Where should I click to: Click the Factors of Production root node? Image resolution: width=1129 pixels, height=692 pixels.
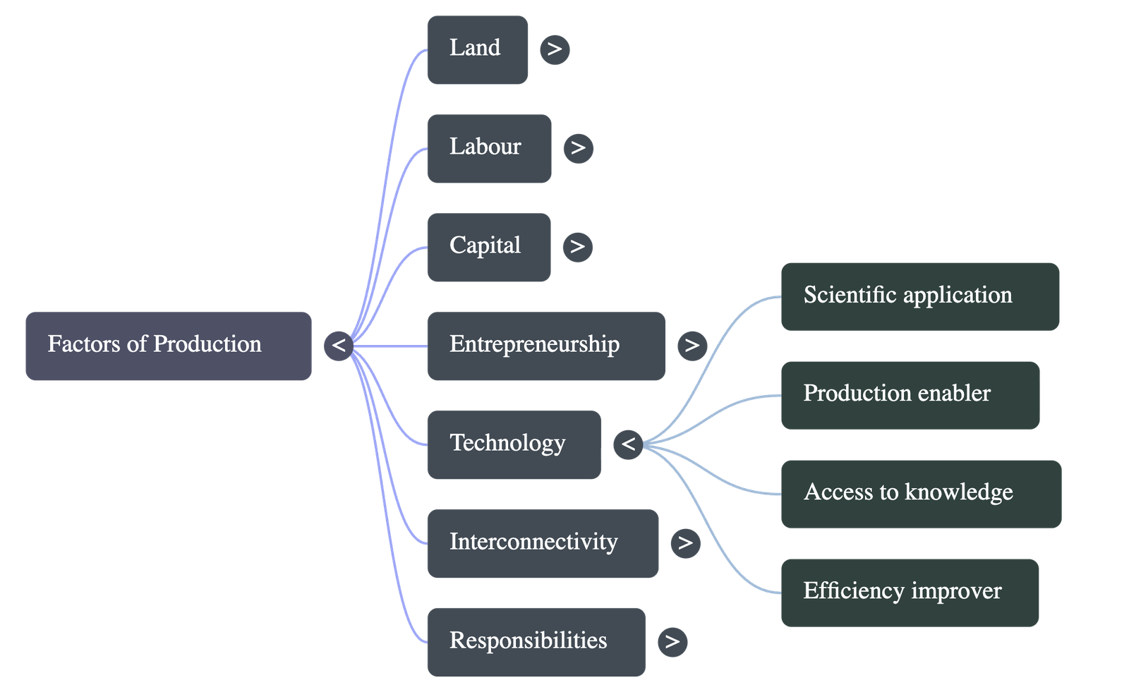168,346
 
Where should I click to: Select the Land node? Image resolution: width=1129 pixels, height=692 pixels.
477,50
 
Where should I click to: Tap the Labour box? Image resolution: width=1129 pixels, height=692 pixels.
489,149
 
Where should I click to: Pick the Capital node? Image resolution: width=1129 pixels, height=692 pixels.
488,248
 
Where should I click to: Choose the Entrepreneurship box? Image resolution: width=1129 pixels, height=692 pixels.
545,346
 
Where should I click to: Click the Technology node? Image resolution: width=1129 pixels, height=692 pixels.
514,445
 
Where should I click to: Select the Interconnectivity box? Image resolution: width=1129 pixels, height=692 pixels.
543,544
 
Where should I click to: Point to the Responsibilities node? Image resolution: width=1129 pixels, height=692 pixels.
536,643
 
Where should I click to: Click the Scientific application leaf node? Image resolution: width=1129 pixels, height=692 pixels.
920,296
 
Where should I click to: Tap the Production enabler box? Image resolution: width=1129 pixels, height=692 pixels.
910,395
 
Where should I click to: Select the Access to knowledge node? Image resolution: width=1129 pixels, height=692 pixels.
921,494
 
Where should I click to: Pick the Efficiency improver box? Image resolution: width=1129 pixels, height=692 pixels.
910,593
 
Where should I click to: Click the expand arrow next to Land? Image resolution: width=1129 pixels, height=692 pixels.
555,49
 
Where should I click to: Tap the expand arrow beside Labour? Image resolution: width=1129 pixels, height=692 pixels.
578,148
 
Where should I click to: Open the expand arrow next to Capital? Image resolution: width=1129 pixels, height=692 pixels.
577,247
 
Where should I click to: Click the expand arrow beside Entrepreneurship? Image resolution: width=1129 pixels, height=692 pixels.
692,346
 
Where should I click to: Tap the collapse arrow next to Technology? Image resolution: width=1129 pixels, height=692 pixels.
628,444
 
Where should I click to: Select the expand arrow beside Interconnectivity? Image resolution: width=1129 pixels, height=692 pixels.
685,543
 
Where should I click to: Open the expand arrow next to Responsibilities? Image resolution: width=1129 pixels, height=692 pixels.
672,642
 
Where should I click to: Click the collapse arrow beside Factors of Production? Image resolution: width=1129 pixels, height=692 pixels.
339,346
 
